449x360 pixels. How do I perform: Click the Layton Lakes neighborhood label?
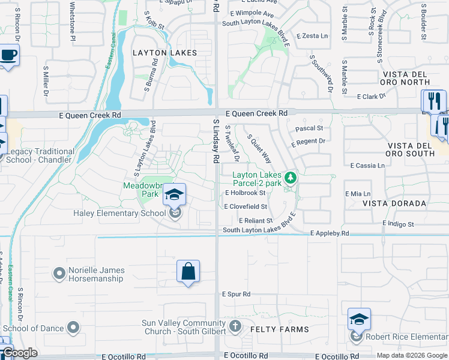[x=164, y=53]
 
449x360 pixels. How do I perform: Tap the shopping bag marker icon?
[x=188, y=271]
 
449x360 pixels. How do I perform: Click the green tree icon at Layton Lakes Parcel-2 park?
[x=291, y=178]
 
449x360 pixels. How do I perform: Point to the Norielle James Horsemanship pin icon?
[x=59, y=274]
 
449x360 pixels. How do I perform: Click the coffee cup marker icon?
[x=8, y=56]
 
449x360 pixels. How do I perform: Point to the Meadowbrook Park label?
[x=142, y=190]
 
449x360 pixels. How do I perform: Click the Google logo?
[x=19, y=353]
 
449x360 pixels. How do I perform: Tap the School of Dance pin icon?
[x=73, y=328]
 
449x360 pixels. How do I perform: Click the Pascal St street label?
[x=309, y=128]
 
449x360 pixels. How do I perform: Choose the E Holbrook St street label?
[x=245, y=193]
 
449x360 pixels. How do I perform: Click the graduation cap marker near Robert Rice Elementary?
[x=359, y=319]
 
